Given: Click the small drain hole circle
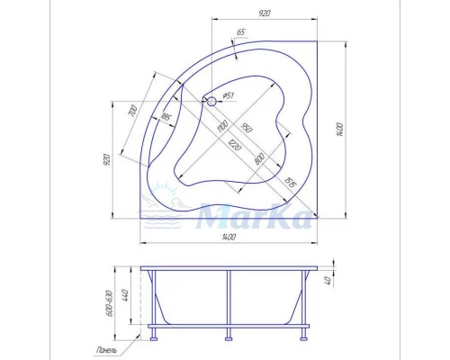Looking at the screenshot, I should [x=212, y=102].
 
